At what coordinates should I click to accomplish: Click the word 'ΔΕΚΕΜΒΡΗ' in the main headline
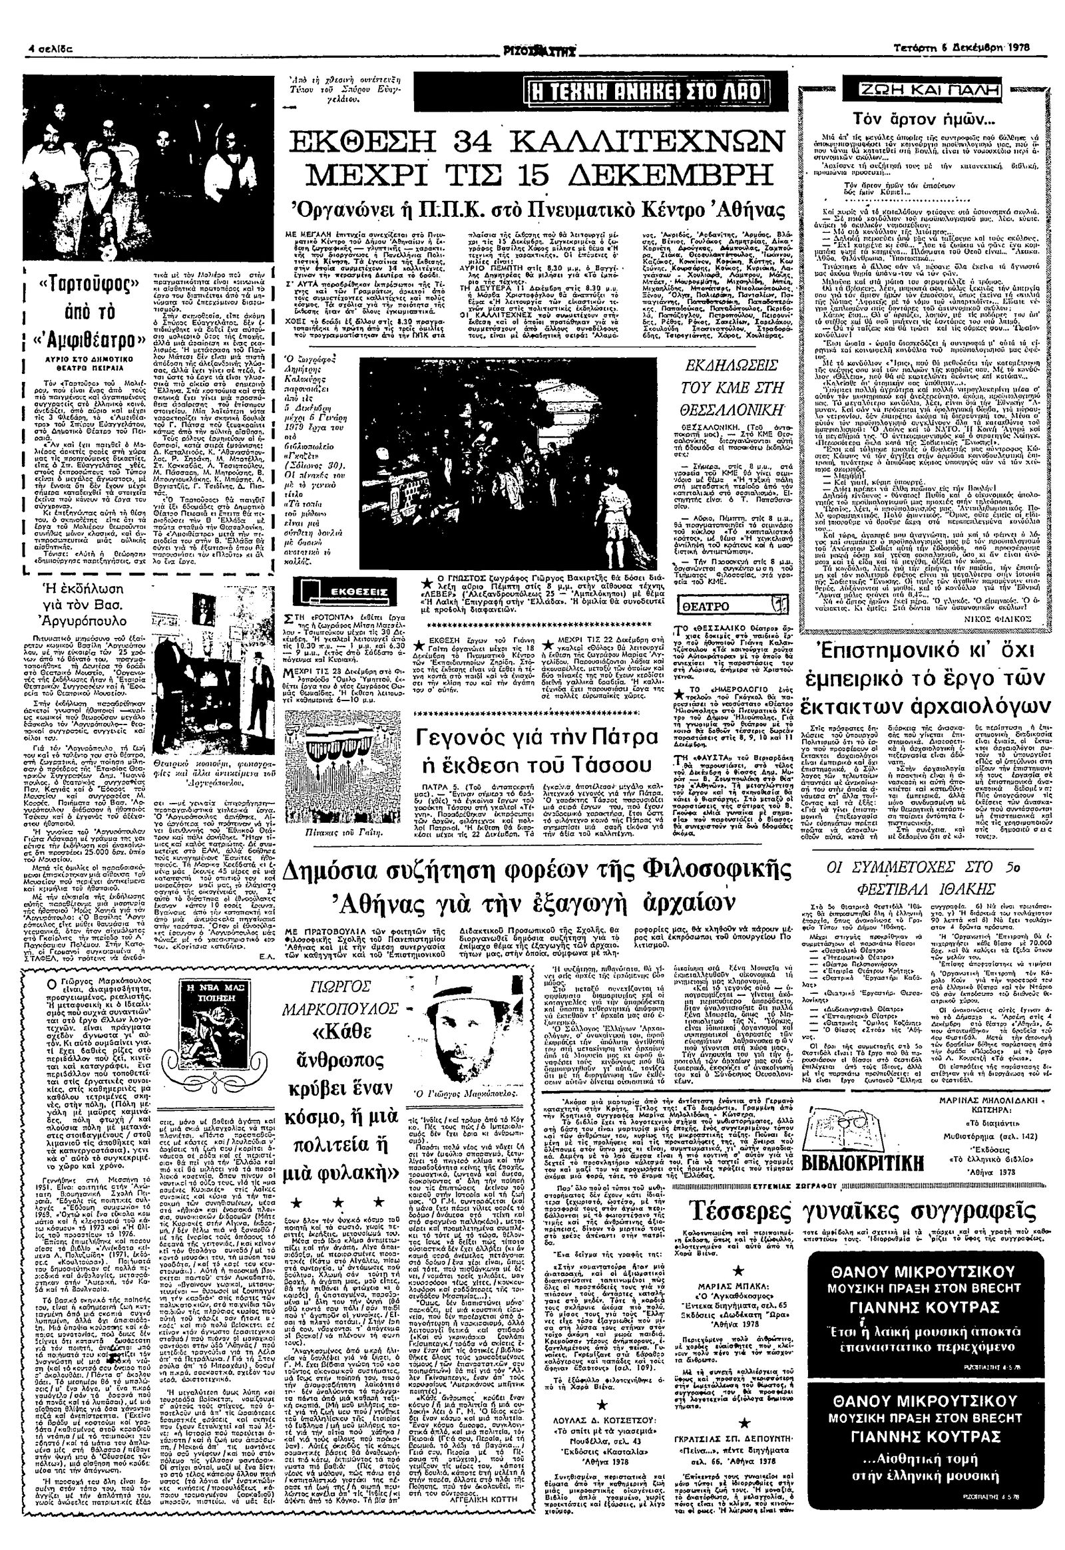[675, 180]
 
